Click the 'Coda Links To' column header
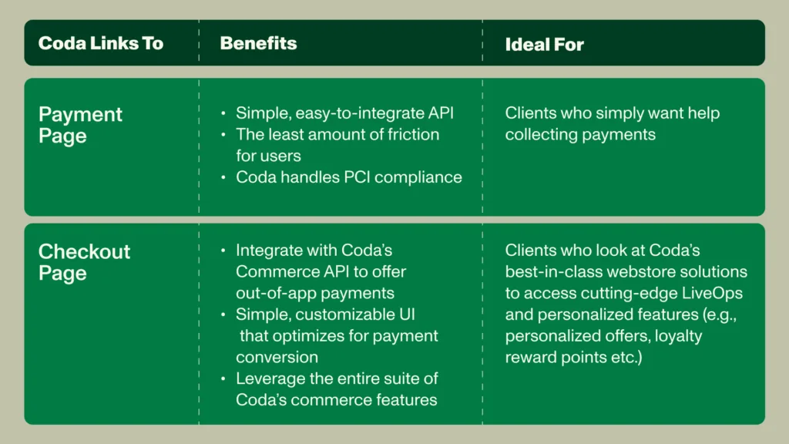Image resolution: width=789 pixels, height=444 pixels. pos(101,43)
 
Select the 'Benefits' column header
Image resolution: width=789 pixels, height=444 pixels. pos(258,43)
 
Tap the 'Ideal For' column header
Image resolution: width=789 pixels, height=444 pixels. pos(545,45)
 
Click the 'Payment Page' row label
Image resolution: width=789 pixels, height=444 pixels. pos(80,125)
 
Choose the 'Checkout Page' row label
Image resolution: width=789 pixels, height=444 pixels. pos(84,262)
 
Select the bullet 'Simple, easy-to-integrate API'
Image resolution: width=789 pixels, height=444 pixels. pos(344,113)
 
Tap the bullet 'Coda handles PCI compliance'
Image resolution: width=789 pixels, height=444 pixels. pos(349,177)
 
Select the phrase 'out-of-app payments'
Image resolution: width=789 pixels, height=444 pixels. pos(315,294)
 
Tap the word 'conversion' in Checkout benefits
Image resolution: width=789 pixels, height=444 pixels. pos(277,358)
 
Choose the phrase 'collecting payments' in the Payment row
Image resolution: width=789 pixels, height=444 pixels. pos(580,135)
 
